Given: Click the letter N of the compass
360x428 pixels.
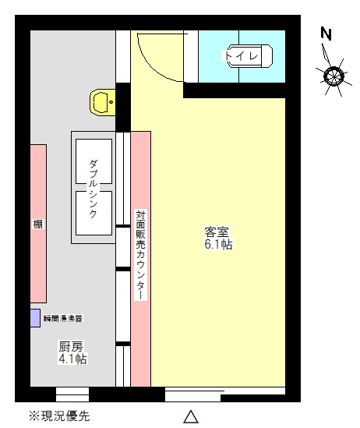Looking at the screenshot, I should (326, 34).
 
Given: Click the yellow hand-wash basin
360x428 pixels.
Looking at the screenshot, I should (102, 102).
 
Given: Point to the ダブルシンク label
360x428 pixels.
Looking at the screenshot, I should (94, 187).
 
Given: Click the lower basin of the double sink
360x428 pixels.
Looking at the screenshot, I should (94, 212).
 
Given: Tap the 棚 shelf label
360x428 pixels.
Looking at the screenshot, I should (38, 225).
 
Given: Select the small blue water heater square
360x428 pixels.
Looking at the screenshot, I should (35, 318).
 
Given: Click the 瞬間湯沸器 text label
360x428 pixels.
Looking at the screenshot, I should (63, 318).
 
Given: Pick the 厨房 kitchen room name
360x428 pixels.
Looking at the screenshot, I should (71, 346).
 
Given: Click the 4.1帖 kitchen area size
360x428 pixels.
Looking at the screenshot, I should (72, 359).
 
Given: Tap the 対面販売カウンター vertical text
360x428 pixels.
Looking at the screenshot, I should (140, 254).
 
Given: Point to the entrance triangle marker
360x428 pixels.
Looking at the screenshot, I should (190, 416).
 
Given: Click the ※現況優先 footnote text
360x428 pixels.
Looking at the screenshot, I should (59, 416).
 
